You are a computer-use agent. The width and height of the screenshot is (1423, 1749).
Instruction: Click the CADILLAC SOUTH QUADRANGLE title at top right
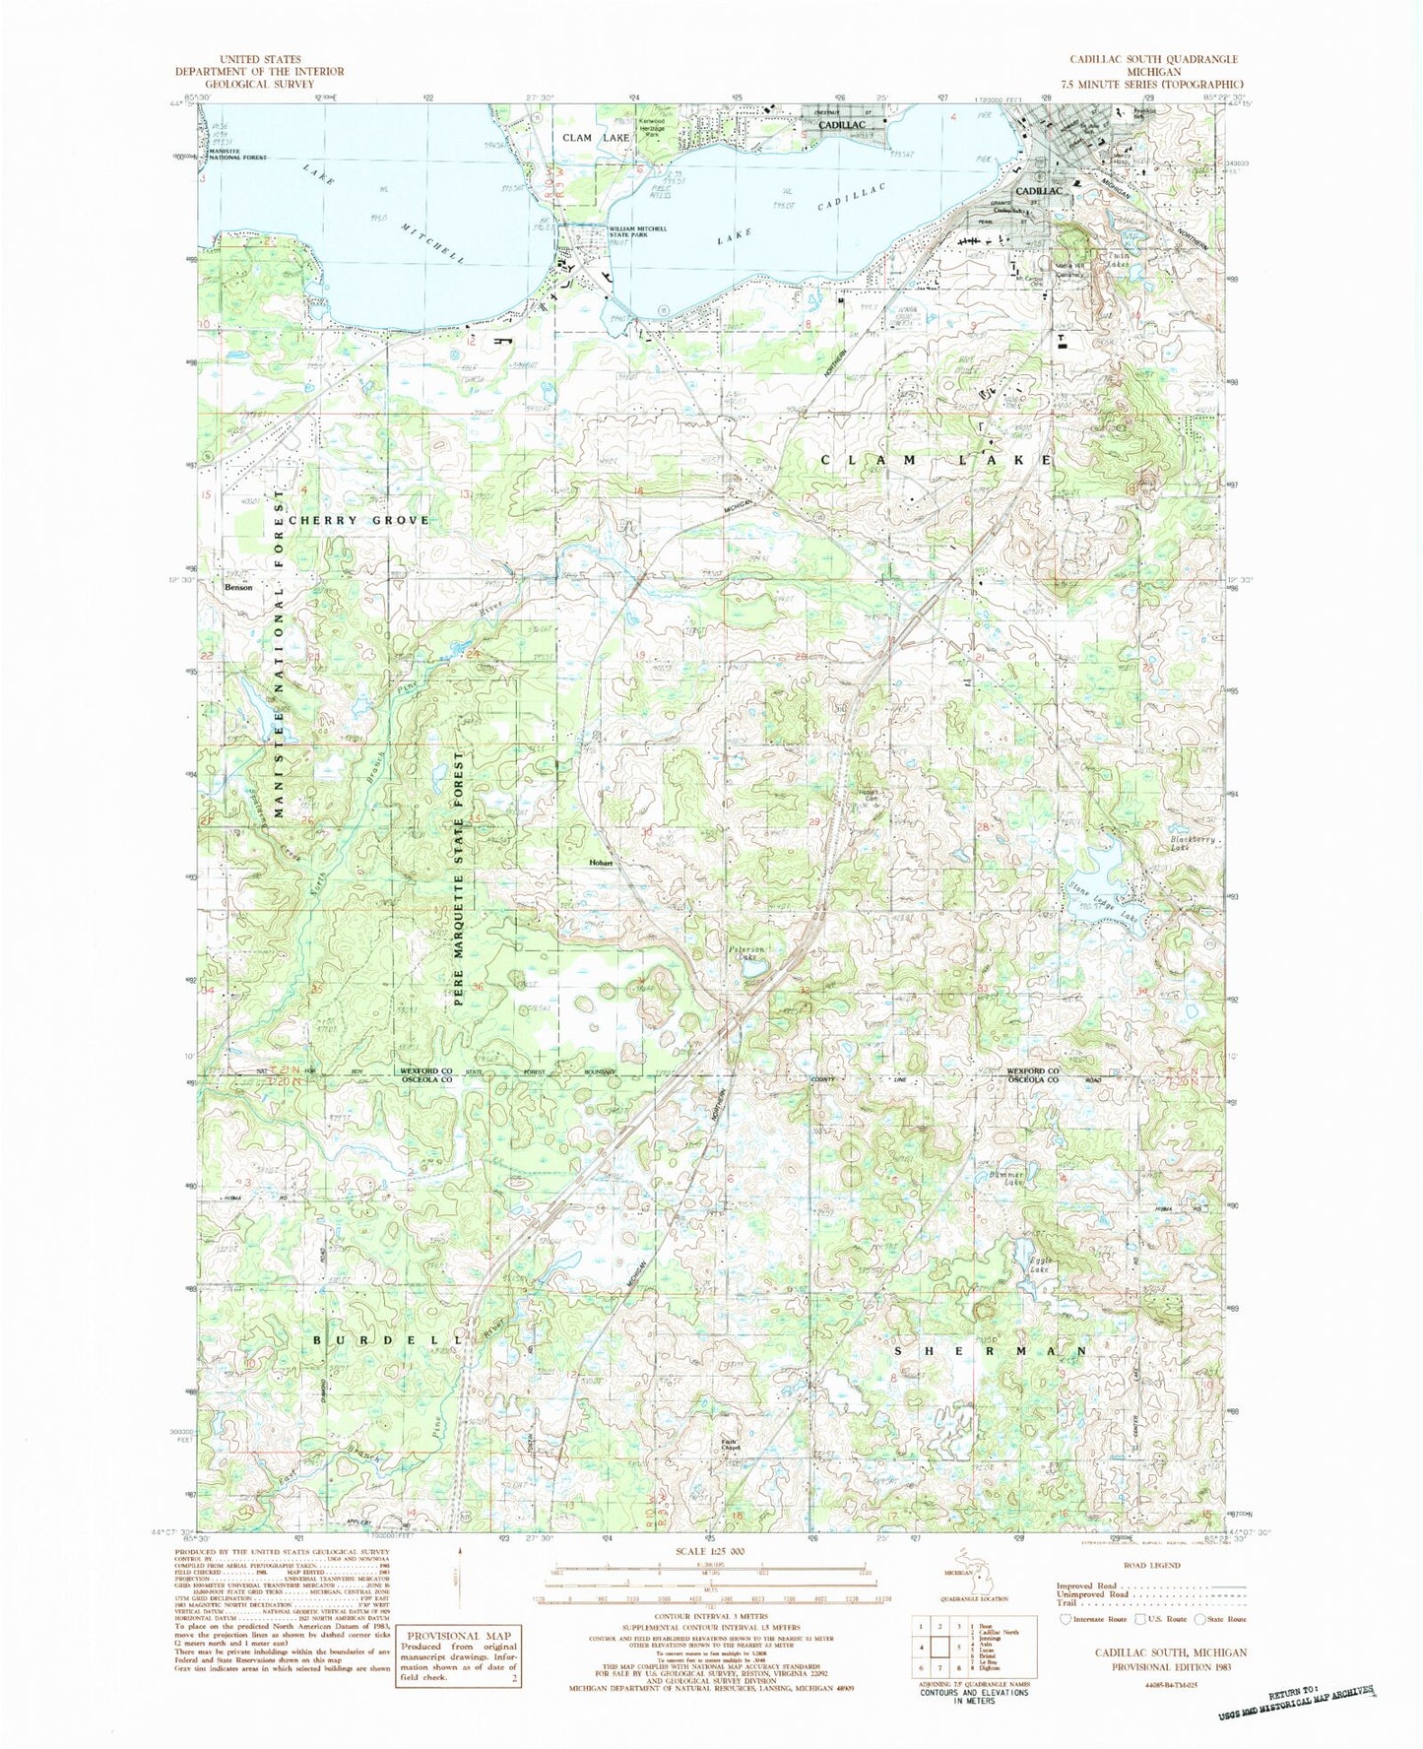(1153, 59)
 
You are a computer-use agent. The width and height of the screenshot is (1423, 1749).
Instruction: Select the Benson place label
(238, 588)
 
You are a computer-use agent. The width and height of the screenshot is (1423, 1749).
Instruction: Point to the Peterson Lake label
(747, 953)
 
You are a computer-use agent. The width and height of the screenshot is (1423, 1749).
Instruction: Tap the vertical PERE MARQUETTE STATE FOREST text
(459, 877)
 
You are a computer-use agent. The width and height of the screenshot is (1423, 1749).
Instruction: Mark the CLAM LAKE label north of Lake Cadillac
(596, 138)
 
